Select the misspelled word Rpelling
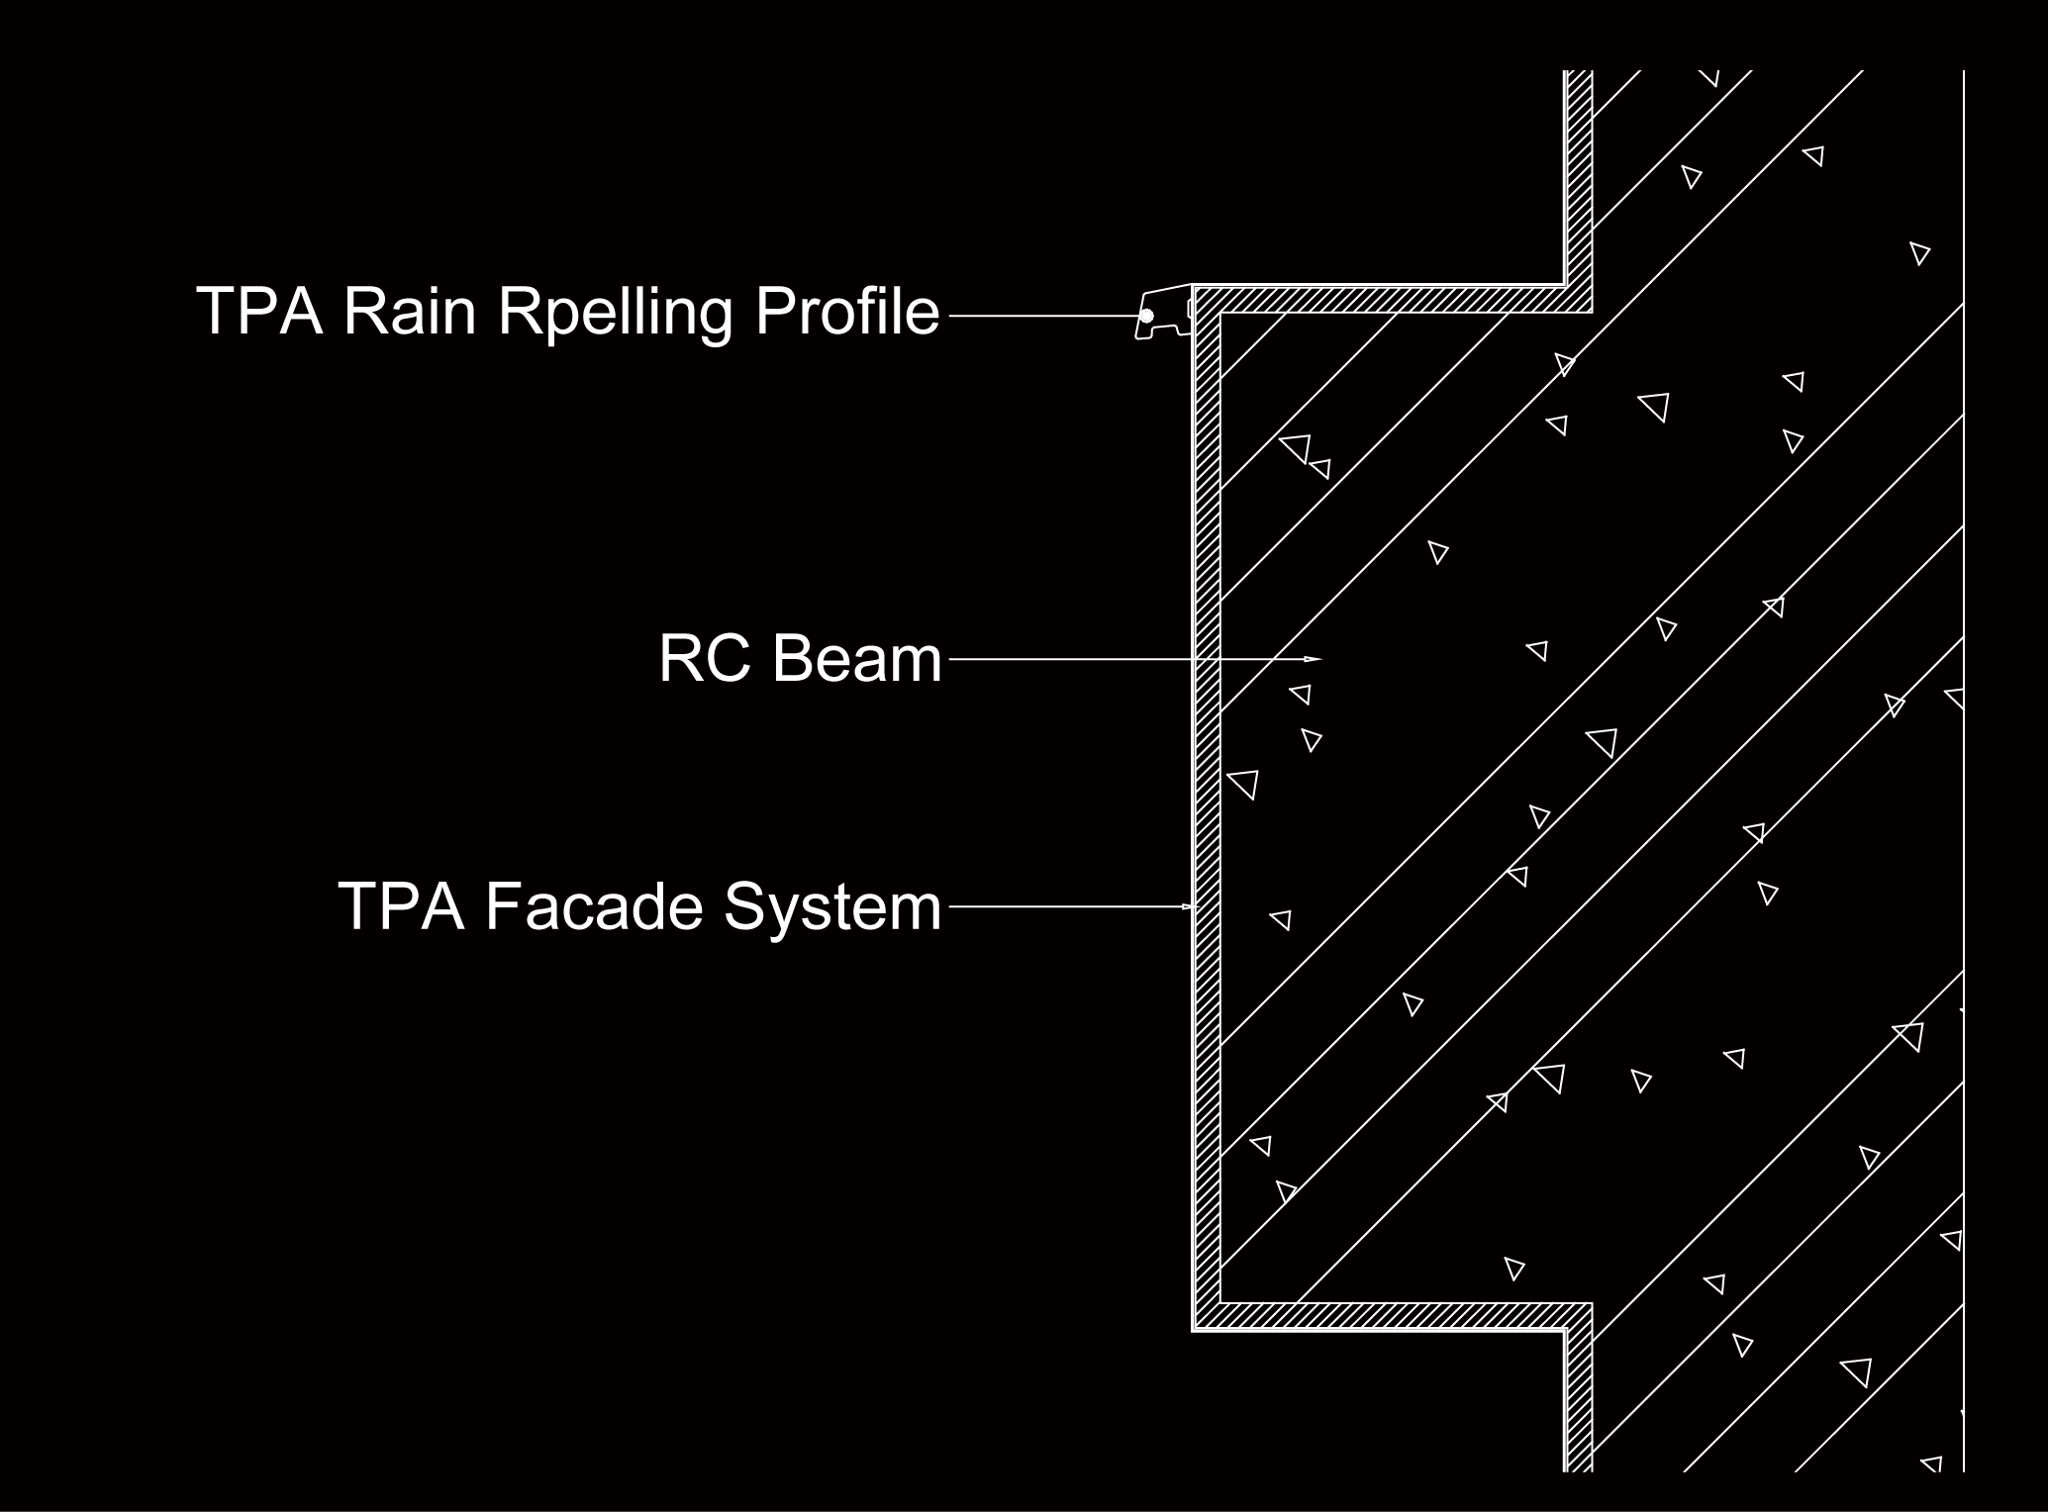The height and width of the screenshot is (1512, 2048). point(615,313)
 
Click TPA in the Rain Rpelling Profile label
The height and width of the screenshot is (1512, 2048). point(259,311)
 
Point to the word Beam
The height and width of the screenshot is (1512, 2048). point(857,658)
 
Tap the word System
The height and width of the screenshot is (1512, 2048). point(832,908)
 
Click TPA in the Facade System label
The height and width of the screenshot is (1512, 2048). point(401,905)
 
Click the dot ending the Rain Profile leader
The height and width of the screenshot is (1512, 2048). point(1146,316)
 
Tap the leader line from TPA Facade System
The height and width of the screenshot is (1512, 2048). point(1074,906)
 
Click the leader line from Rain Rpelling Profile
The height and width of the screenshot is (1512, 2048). point(1047,316)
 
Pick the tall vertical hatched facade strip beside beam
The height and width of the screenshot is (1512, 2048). point(1207,808)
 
